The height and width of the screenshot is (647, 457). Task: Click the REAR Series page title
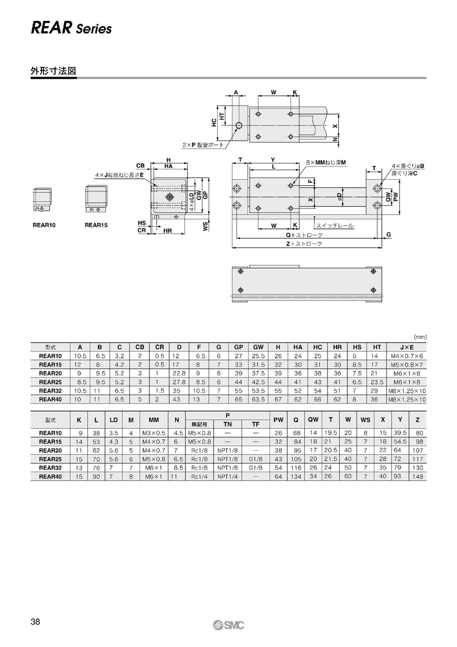click(71, 28)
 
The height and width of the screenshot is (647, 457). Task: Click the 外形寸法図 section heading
click(53, 71)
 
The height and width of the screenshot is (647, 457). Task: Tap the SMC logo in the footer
click(228, 625)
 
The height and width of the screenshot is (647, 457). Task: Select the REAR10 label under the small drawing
click(44, 225)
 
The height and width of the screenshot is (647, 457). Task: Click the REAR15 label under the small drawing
click(96, 225)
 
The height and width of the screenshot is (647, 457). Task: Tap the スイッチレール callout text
click(335, 226)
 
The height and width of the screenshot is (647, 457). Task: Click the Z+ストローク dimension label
click(304, 244)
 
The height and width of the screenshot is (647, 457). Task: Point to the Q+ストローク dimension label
click(304, 235)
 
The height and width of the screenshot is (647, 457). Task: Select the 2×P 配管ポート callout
click(203, 145)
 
